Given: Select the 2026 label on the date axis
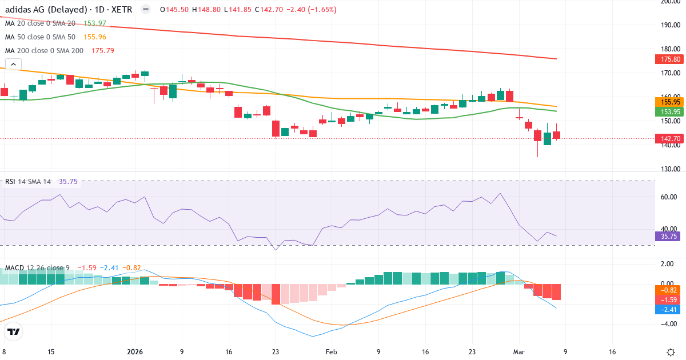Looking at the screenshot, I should (135, 351).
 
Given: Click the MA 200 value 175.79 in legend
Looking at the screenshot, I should (103, 50).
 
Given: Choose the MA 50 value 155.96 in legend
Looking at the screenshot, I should (94, 37).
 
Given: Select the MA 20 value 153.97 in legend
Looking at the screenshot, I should (95, 23).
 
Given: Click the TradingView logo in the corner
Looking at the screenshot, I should (14, 332).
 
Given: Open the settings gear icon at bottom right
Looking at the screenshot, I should (672, 352).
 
